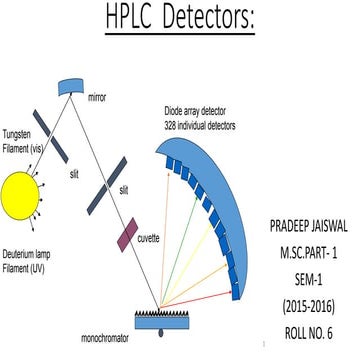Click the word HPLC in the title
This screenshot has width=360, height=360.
point(136,19)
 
